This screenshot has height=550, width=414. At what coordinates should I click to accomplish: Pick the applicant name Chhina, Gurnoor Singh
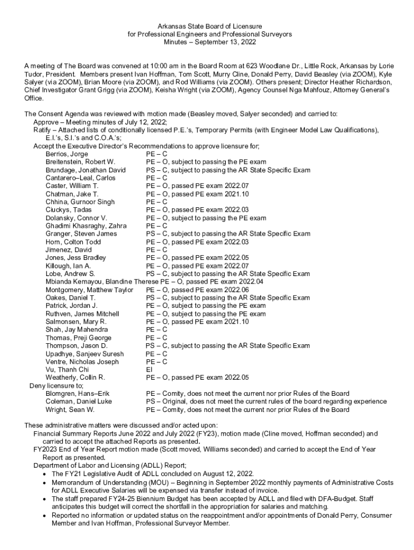tap(80, 201)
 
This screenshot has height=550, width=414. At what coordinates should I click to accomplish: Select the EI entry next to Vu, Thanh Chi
tap(149, 370)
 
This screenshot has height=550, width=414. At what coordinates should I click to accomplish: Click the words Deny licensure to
tap(56, 386)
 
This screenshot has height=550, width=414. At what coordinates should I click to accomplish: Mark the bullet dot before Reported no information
tap(44, 515)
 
